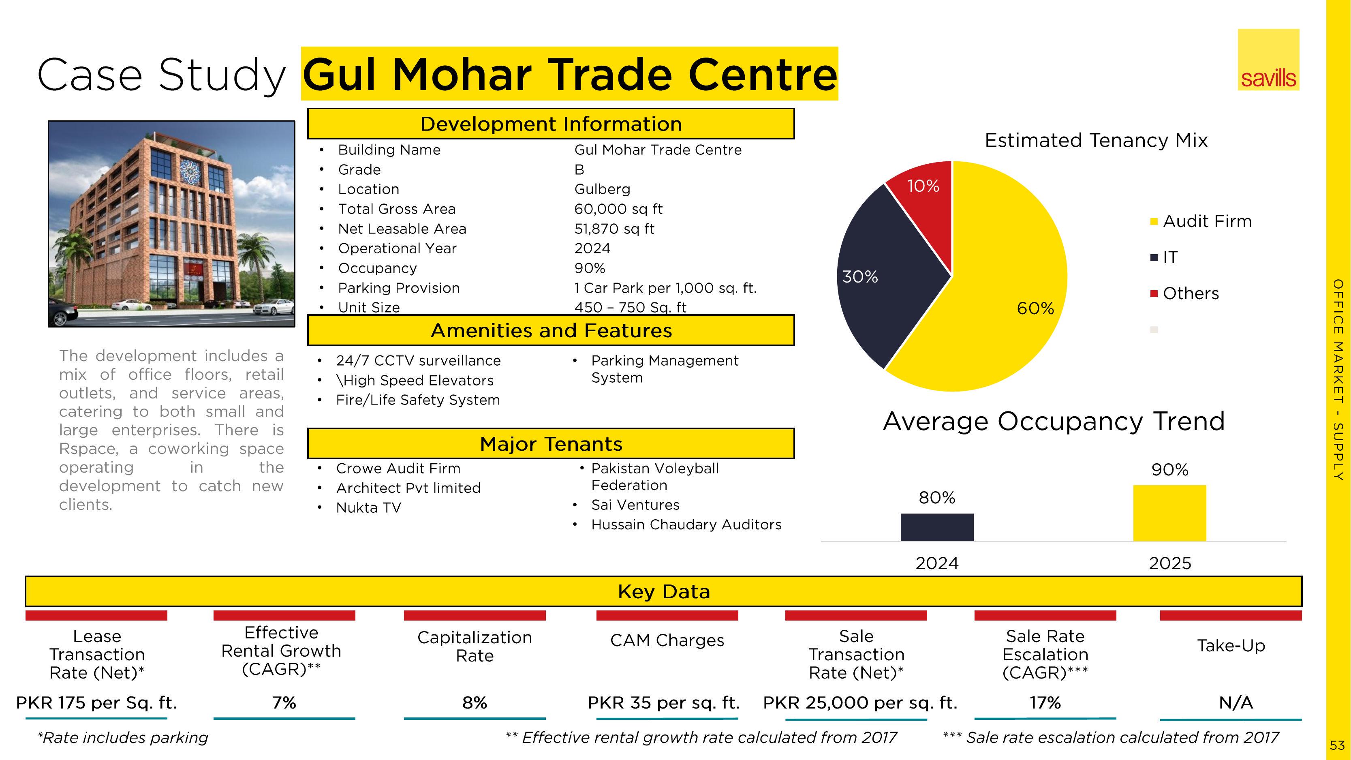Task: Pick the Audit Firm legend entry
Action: (1201, 221)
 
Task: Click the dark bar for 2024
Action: (937, 527)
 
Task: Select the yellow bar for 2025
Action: (1169, 513)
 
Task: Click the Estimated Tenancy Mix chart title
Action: (1096, 141)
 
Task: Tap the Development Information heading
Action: (551, 124)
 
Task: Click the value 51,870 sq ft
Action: (614, 229)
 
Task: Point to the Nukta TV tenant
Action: (369, 508)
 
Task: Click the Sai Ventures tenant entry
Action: (635, 505)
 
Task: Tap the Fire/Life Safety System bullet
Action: (418, 400)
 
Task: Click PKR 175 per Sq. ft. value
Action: (96, 703)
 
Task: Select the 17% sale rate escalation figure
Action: (1045, 703)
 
